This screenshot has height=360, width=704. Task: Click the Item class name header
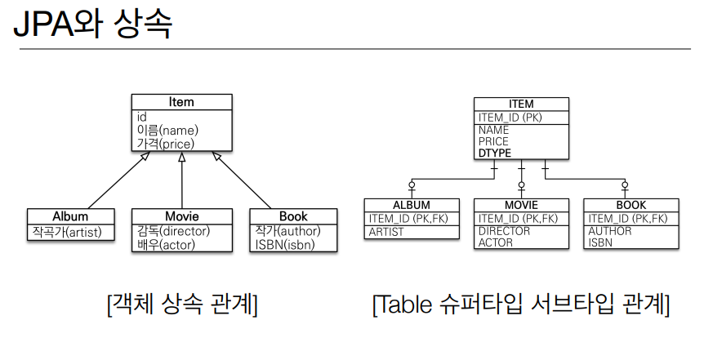tap(181, 102)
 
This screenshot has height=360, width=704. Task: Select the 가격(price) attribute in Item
tap(166, 144)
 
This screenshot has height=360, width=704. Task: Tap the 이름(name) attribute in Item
tap(167, 131)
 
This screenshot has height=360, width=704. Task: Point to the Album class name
tap(70, 216)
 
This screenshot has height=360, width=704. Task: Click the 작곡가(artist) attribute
tap(67, 232)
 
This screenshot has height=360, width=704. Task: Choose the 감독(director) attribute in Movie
tap(173, 231)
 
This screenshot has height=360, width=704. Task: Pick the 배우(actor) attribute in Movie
tap(166, 245)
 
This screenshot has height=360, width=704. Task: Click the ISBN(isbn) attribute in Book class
tap(285, 245)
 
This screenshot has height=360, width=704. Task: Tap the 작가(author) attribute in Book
tap(287, 231)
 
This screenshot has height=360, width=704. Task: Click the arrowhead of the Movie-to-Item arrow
tap(182, 157)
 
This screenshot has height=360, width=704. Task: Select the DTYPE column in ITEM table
tap(494, 153)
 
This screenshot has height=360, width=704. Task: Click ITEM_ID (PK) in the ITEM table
tap(510, 118)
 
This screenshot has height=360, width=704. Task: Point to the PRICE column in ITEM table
tap(493, 141)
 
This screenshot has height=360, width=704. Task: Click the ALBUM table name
tap(412, 205)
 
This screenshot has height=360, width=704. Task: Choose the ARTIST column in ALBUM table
tap(386, 232)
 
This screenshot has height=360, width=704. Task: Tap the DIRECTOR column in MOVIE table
tap(504, 231)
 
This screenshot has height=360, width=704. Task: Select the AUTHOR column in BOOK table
tap(610, 231)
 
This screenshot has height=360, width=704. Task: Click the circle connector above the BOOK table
tap(625, 184)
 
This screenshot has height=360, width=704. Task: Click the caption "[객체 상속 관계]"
tap(182, 304)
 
